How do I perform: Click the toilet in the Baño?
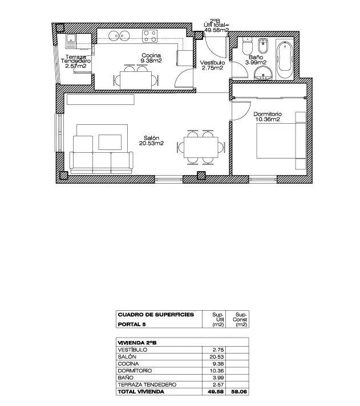click(x=248, y=46)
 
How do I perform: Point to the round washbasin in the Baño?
click(x=263, y=73)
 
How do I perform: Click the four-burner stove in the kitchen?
click(x=150, y=36)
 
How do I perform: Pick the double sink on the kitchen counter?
click(x=119, y=36)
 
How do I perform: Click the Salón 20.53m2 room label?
click(x=152, y=141)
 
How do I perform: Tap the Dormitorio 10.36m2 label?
click(x=268, y=116)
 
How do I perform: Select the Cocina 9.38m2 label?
click(x=151, y=58)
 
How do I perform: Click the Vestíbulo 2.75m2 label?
click(x=212, y=65)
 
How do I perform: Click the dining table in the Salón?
click(x=201, y=147)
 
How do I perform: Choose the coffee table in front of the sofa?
click(x=110, y=142)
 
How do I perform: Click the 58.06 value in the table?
click(x=240, y=392)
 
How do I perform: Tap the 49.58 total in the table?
click(x=216, y=392)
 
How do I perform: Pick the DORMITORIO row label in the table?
click(x=135, y=371)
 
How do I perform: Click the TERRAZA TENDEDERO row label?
click(x=147, y=384)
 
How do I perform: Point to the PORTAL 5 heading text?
click(x=132, y=324)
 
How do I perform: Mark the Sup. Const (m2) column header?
click(x=240, y=319)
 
